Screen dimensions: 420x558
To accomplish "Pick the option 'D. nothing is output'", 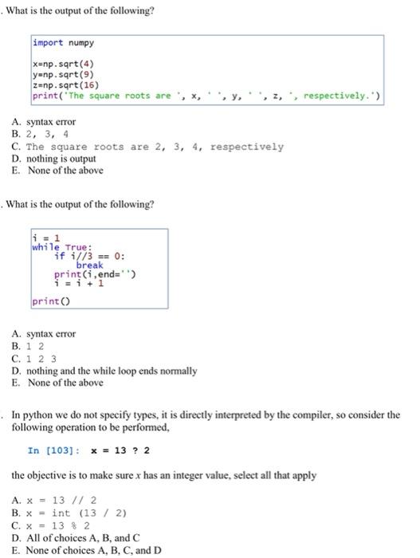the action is click(57, 159).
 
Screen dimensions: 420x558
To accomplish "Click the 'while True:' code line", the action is click(62, 247).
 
